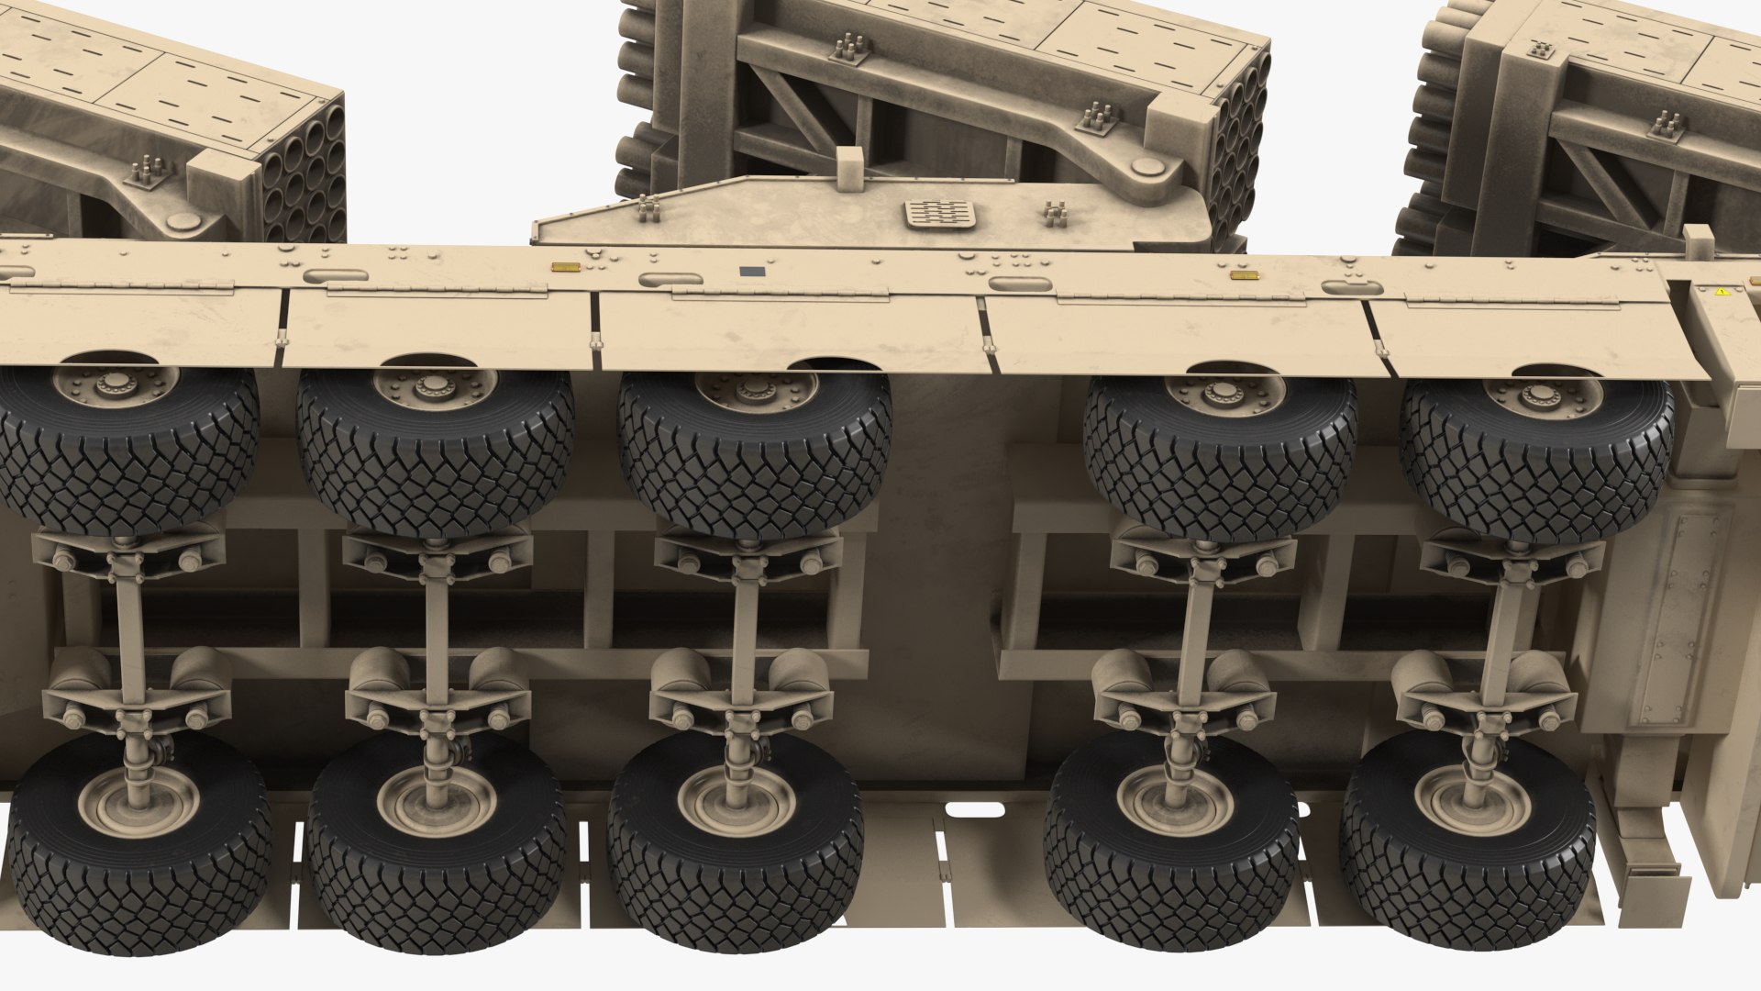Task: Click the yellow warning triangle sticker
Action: point(1722,291)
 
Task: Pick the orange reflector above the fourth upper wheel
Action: point(1242,274)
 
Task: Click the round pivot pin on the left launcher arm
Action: point(182,221)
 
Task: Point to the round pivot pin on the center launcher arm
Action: point(1146,166)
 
